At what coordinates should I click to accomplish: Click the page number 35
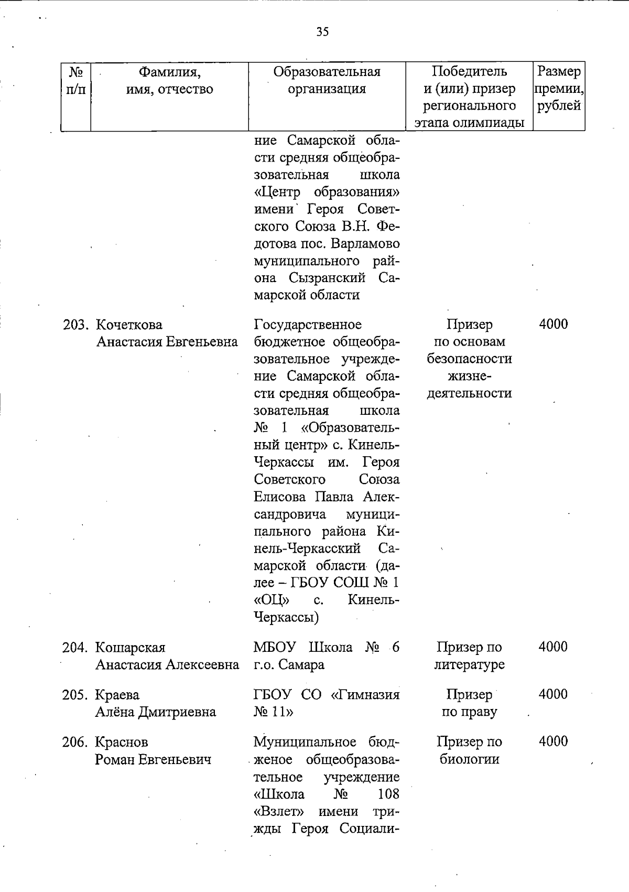tap(322, 33)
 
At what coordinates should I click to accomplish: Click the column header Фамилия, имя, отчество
tap(170, 80)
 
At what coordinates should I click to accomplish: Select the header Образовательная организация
tap(327, 80)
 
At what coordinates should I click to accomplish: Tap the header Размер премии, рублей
tap(559, 88)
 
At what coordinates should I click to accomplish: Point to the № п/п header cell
tap(76, 80)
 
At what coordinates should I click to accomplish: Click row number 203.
tap(75, 325)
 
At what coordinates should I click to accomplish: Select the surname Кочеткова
tap(128, 325)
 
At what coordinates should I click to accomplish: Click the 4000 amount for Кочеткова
tap(553, 324)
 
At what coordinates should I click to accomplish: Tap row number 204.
tap(75, 648)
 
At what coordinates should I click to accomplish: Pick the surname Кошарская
tap(130, 648)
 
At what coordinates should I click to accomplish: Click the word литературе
tap(469, 665)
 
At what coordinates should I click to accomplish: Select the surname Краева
tap(117, 695)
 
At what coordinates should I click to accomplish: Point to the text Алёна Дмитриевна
tap(155, 712)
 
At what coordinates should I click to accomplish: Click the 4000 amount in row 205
tap(553, 694)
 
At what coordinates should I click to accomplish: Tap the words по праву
tap(469, 712)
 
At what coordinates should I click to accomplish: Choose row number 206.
tap(75, 743)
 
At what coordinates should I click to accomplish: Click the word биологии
tap(469, 759)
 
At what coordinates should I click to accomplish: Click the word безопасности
tap(469, 359)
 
